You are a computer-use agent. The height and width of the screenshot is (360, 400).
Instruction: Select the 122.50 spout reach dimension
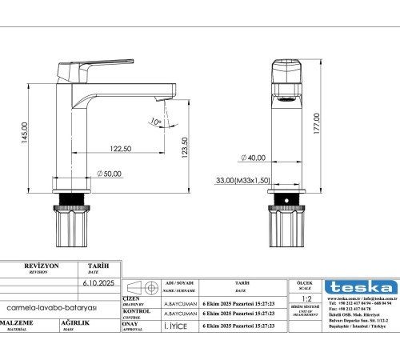click(121, 149)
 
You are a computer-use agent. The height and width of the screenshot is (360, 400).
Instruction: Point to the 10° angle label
click(155, 122)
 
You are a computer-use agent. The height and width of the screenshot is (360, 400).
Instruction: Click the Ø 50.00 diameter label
click(109, 174)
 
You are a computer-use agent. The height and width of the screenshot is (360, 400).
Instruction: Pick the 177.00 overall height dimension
click(317, 125)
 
